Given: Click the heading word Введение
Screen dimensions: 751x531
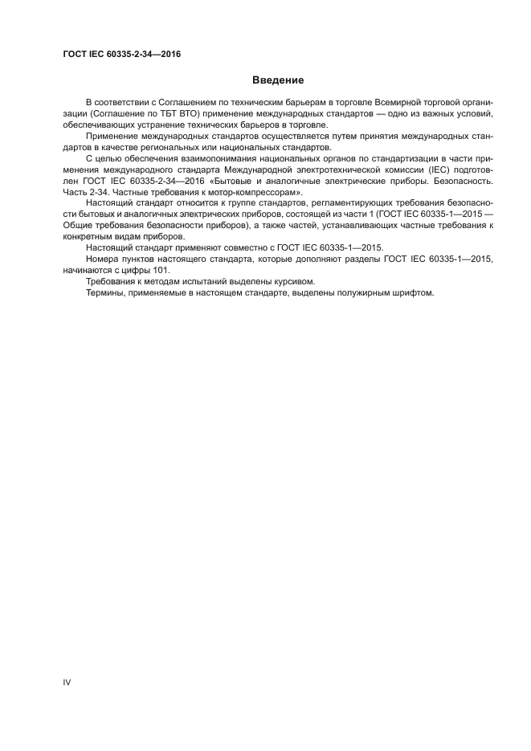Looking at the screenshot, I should [x=278, y=80].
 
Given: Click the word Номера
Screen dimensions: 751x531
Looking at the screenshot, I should [x=104, y=260].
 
